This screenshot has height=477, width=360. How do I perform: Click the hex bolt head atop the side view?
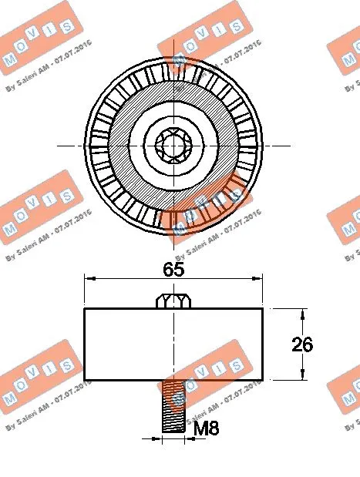pyautogui.click(x=173, y=301)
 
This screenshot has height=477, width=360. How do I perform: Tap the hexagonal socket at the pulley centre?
pyautogui.click(x=173, y=143)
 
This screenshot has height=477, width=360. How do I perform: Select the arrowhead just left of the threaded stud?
pyautogui.click(x=157, y=439)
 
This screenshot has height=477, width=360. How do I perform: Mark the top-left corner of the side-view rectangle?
pyautogui.click(x=84, y=308)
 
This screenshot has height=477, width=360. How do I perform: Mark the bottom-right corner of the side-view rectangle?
pyautogui.click(x=263, y=379)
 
